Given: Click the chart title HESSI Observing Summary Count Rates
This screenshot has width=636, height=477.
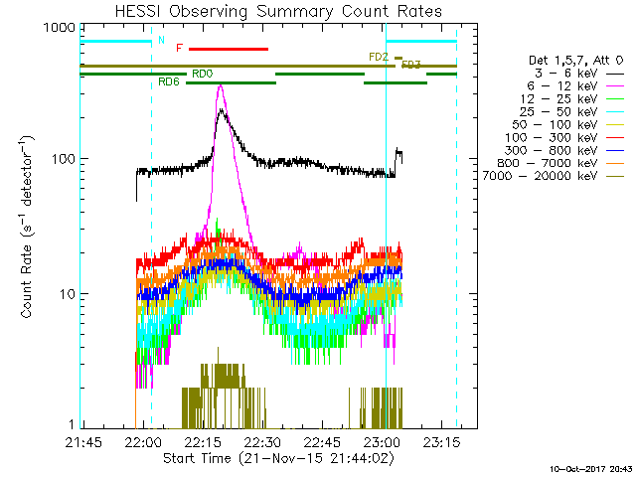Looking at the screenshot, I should [269, 11].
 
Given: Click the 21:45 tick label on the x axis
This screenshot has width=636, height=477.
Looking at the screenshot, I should [83, 442].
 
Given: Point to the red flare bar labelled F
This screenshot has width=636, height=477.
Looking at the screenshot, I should [228, 48].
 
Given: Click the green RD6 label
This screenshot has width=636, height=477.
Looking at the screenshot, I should [169, 81].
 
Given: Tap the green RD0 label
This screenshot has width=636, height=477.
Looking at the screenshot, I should [201, 73].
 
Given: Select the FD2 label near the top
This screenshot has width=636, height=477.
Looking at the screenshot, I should [378, 57].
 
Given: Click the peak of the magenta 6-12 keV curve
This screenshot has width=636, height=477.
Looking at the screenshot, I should [220, 86].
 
